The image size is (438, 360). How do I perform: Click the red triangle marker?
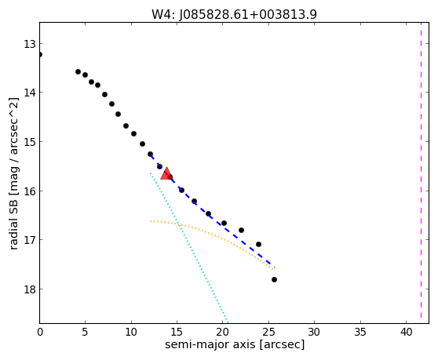[166, 173]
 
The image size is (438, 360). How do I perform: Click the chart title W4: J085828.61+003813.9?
[234, 15]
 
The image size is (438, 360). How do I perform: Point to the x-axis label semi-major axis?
[210, 344]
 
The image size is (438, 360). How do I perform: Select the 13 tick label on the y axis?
[29, 44]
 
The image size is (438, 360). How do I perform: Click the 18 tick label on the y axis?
[29, 289]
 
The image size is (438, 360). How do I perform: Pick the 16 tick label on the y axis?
[29, 191]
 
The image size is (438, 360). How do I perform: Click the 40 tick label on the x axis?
[406, 332]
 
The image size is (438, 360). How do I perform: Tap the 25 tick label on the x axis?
[268, 332]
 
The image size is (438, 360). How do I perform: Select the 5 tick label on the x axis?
[85, 332]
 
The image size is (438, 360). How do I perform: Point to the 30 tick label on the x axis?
[315, 332]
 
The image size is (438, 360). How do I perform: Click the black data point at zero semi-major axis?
[40, 54]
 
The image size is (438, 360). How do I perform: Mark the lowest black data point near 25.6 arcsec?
[274, 280]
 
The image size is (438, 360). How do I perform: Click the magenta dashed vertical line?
[421, 170]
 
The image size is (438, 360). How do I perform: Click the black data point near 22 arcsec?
[241, 231]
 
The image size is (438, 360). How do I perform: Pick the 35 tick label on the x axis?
[360, 332]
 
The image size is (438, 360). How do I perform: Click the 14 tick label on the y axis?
[29, 93]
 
